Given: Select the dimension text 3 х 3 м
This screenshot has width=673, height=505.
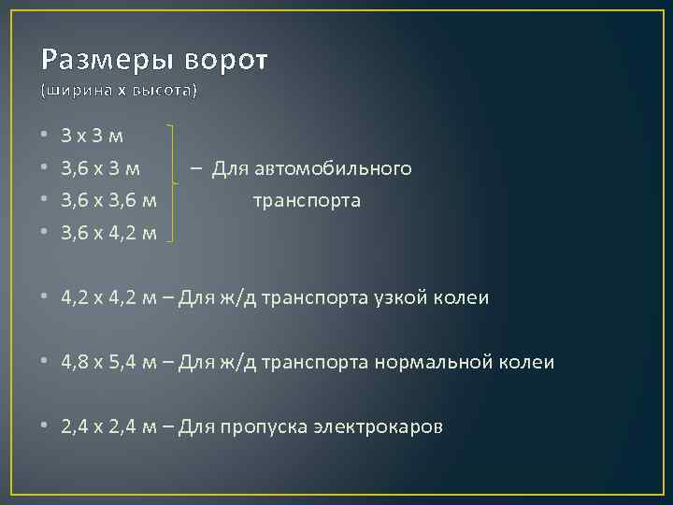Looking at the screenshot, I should [x=91, y=137].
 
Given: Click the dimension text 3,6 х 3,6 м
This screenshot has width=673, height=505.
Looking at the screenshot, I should [x=108, y=200].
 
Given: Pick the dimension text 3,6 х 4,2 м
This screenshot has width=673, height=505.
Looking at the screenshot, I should [x=108, y=232].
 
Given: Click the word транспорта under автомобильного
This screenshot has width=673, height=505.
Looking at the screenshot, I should [x=307, y=200].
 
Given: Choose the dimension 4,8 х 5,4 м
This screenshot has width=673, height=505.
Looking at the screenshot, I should [x=108, y=362].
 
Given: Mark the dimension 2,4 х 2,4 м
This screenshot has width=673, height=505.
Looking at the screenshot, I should [x=108, y=427].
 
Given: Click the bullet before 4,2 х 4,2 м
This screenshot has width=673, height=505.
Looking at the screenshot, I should [x=46, y=298].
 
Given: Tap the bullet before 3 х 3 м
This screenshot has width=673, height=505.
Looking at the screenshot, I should [x=46, y=137].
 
